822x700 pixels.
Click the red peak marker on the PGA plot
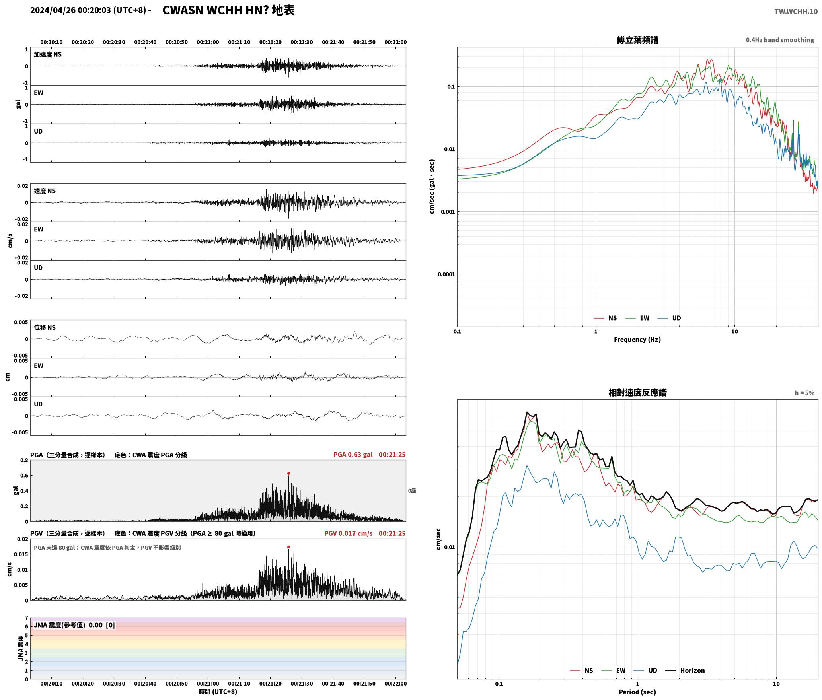tap(288, 473)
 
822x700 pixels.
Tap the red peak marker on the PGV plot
tap(288, 547)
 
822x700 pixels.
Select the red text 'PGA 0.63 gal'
tap(353, 455)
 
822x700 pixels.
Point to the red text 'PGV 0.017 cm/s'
tap(348, 533)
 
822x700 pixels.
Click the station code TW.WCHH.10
tap(796, 11)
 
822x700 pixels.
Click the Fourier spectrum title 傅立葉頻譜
tap(637, 40)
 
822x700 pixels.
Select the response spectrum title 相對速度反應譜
tap(637, 392)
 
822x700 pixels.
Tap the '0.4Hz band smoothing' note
tap(780, 40)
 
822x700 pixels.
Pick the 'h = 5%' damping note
tap(804, 393)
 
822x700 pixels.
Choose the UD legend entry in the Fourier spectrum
tap(669, 318)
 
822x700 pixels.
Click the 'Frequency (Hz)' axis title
tap(637, 339)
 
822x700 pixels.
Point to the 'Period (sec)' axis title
tap(637, 692)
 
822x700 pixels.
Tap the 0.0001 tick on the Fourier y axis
tap(446, 274)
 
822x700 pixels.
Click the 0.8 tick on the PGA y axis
tap(24, 460)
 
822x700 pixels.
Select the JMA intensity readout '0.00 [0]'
tap(101, 625)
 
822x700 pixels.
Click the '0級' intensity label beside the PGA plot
tap(412, 491)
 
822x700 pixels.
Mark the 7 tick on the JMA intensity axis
tap(27, 618)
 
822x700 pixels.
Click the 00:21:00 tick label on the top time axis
tap(208, 42)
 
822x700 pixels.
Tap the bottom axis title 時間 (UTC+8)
tap(218, 692)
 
